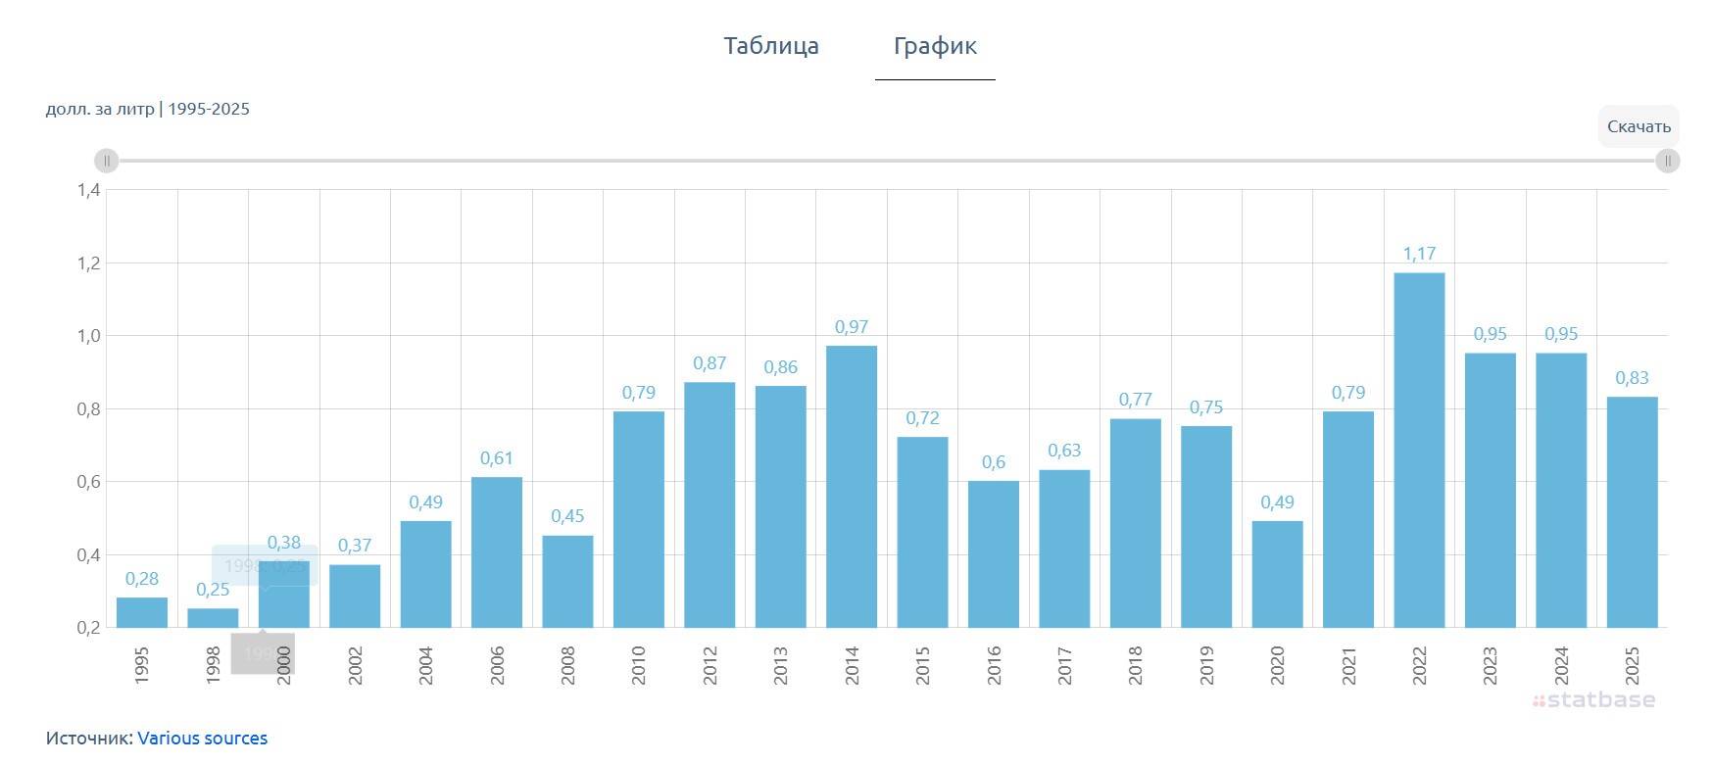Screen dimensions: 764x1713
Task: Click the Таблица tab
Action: tap(771, 46)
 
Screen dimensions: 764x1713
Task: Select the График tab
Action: tap(935, 46)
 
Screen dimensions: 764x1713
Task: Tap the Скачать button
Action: tap(1639, 126)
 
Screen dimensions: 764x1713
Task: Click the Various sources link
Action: tap(202, 739)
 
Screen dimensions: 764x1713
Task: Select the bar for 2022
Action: tap(1419, 451)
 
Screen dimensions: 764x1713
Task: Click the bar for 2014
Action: tap(852, 487)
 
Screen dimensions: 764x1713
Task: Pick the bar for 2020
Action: tap(1277, 574)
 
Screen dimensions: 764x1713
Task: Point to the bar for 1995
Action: tap(142, 612)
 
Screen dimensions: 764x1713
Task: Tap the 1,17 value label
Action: tap(1419, 254)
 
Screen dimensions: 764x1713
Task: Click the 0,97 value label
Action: tap(852, 327)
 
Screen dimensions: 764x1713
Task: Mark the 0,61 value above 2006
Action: tap(497, 458)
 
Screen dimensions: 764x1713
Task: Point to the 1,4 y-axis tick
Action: tap(89, 190)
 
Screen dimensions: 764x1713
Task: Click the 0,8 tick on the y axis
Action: tap(89, 409)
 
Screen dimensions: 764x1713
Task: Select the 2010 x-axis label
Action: tap(639, 665)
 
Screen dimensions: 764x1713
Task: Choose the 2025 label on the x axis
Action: tap(1632, 665)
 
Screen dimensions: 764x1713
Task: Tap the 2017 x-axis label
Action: tap(1064, 665)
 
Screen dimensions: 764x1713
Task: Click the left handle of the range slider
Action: tap(106, 161)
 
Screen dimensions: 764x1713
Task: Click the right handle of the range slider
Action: tap(1667, 161)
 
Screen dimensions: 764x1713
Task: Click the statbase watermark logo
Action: tap(1594, 700)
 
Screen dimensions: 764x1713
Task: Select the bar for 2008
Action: tap(567, 582)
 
